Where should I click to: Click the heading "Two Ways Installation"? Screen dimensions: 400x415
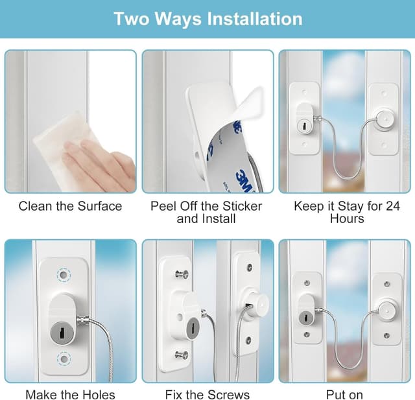coord(207,18)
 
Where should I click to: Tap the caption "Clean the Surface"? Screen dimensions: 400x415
coord(70,206)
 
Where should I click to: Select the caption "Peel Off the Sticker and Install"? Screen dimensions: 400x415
coord(206,213)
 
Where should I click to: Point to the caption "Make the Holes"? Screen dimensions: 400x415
coord(70,394)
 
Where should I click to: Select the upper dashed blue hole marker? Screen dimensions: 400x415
coord(63,276)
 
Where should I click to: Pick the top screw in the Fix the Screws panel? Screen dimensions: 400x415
coord(182,274)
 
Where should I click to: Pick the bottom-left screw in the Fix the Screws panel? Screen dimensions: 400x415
coord(182,354)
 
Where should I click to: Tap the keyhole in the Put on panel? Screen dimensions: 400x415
coord(305,317)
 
